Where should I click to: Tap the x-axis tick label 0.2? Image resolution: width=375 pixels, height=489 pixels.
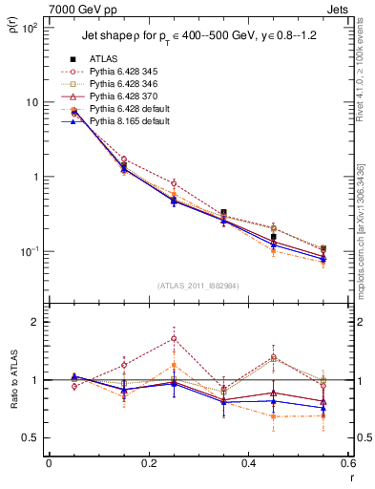(x=148, y=463)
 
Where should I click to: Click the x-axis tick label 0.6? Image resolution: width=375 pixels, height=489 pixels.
(x=347, y=463)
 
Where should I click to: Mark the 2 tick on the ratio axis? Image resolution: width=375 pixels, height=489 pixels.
(x=36, y=322)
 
